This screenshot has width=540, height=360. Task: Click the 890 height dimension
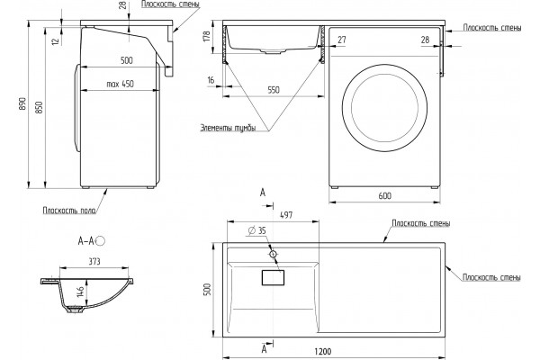point(22,103)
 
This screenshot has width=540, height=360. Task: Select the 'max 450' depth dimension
point(120,84)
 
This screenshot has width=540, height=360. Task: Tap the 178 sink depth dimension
point(207,37)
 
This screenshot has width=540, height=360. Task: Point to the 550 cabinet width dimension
point(274,90)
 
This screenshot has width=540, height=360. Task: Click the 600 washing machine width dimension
point(384,195)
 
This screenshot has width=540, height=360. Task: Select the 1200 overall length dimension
point(323,352)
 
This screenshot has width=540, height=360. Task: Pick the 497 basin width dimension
point(286,215)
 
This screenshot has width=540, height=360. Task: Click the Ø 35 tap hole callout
point(257,230)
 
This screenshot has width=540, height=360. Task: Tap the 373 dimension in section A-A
point(94,262)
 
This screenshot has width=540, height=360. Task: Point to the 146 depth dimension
point(81,292)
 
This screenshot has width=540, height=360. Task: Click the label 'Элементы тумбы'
point(228,128)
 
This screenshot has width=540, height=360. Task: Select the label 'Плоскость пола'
point(69,210)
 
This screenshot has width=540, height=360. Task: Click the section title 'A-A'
point(86,241)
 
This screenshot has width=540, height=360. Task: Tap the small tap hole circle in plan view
point(273,254)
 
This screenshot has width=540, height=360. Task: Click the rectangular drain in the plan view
point(273,278)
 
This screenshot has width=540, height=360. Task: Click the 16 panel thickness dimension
point(211,80)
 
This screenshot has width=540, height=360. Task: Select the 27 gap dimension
point(342,40)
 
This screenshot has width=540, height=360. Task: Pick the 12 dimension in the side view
point(56,41)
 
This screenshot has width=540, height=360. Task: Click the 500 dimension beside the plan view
point(207,290)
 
